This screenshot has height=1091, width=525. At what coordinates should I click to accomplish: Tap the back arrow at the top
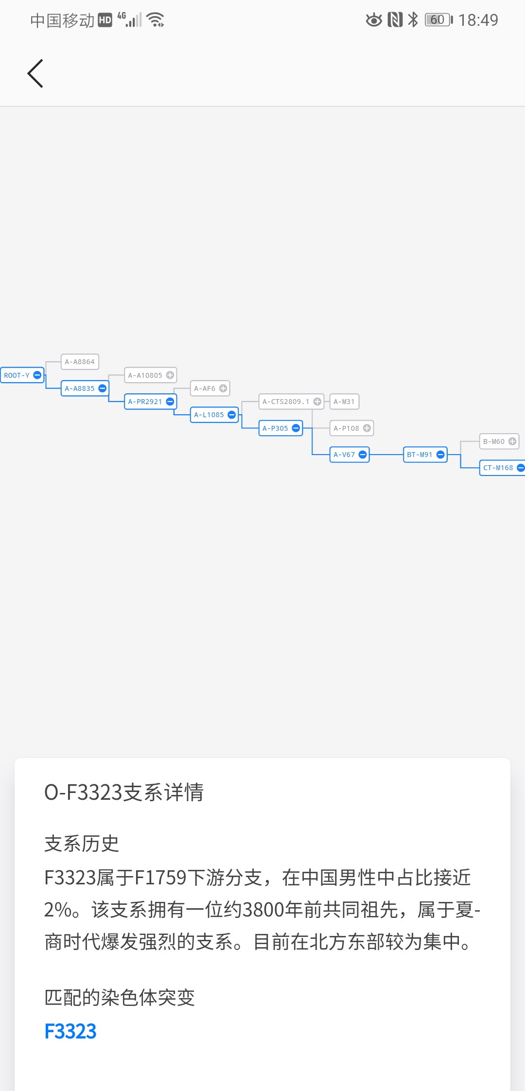[x=35, y=73]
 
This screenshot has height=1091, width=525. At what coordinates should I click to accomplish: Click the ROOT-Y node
[x=22, y=375]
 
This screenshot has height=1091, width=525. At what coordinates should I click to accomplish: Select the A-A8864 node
[x=80, y=362]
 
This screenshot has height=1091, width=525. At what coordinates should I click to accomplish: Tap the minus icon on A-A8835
[x=102, y=388]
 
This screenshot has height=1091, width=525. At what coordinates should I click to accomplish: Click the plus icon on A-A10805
[x=170, y=375]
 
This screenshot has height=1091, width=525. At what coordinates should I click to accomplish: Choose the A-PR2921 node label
[x=145, y=402]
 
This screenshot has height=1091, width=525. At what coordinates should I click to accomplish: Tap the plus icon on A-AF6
[x=223, y=388]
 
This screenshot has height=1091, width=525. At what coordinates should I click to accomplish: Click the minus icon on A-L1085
[x=231, y=415]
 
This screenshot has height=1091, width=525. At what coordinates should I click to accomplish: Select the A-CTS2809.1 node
[x=291, y=402]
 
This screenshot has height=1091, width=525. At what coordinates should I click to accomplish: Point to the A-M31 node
[x=344, y=402]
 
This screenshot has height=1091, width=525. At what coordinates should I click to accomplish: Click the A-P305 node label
[x=275, y=428]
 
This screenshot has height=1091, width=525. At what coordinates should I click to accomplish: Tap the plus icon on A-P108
[x=367, y=428]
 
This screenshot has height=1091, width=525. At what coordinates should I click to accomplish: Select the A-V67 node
[x=350, y=455]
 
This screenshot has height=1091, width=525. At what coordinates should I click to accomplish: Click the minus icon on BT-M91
[x=440, y=455]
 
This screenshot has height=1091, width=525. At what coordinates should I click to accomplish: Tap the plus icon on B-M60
[x=512, y=441]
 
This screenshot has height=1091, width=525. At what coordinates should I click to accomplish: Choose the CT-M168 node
[x=502, y=468]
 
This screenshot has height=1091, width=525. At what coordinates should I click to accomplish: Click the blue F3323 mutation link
[x=70, y=1031]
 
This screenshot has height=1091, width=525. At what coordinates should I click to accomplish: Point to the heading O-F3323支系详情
[x=124, y=792]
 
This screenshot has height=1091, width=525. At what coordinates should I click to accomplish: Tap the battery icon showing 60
[x=439, y=20]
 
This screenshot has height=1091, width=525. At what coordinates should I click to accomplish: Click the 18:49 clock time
[x=478, y=20]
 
